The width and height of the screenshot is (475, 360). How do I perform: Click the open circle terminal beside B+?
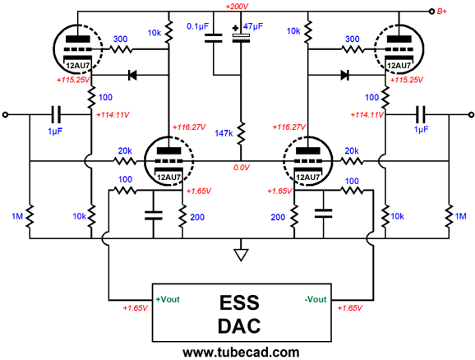pyautogui.click(x=429, y=12)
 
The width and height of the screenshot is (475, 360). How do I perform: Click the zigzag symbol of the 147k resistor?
pyautogui.click(x=240, y=132)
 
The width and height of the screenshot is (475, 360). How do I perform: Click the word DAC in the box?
pyautogui.click(x=239, y=325)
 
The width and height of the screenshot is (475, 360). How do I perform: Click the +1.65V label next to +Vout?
pyautogui.click(x=134, y=307)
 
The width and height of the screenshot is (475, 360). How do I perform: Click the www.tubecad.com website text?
pyautogui.click(x=239, y=352)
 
